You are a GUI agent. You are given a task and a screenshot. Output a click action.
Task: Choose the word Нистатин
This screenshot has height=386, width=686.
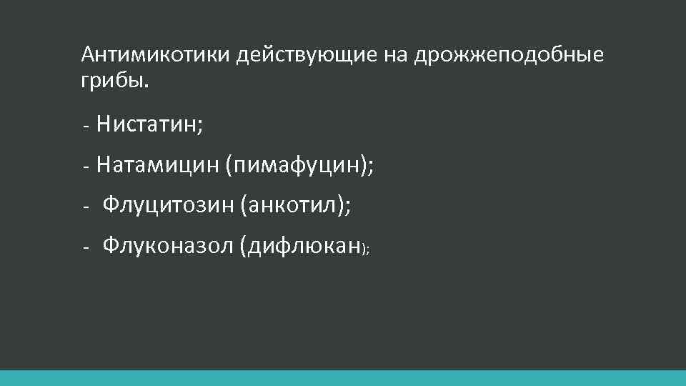pyautogui.click(x=147, y=125)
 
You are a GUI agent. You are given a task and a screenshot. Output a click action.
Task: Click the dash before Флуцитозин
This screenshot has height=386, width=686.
pyautogui.click(x=84, y=207)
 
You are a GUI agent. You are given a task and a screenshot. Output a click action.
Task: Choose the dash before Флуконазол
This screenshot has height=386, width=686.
pyautogui.click(x=84, y=248)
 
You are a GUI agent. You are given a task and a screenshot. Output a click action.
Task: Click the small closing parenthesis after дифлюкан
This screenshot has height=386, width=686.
pyautogui.click(x=364, y=249)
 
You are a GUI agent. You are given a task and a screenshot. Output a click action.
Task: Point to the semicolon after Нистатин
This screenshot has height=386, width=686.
pyautogui.click(x=200, y=127)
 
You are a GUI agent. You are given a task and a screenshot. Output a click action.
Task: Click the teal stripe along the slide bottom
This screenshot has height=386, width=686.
pyautogui.click(x=343, y=378)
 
